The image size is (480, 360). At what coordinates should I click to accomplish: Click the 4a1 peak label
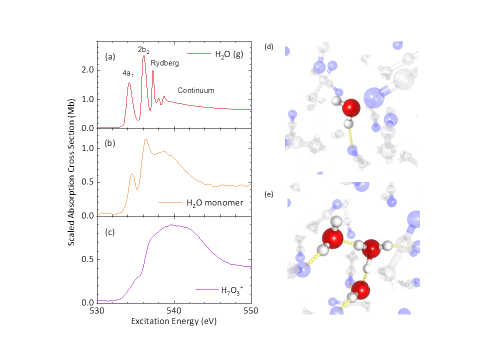(x=128, y=73)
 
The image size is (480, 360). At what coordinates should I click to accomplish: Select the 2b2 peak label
(x=144, y=49)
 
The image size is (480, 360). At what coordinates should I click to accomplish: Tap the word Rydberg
(x=165, y=63)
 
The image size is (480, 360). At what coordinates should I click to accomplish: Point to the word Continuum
(x=196, y=90)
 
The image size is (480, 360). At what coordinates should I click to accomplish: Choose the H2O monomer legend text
(x=215, y=202)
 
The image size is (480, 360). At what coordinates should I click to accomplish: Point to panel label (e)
(x=269, y=194)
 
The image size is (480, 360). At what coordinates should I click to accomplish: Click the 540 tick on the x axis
(x=174, y=310)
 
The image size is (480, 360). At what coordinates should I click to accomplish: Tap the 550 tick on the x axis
(x=251, y=310)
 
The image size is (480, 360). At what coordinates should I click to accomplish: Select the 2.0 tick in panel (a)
(x=88, y=70)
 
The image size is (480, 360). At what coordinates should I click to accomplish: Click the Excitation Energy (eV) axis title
(x=174, y=321)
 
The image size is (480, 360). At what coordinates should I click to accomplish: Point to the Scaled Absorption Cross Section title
(x=71, y=177)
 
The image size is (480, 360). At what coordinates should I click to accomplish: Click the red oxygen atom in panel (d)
(x=352, y=108)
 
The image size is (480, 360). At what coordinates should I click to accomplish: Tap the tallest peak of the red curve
(x=144, y=56)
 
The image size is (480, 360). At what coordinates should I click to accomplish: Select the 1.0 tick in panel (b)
(x=88, y=148)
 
